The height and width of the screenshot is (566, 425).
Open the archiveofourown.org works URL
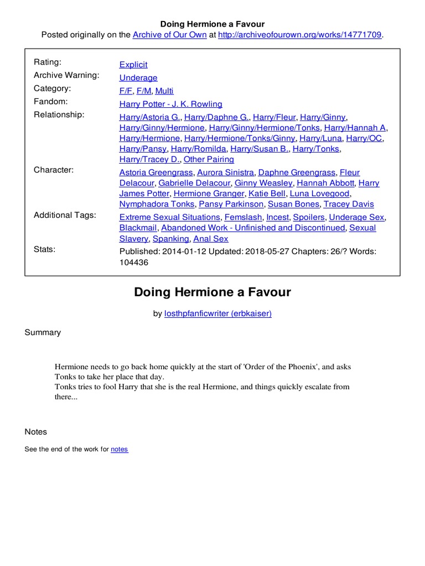[x=300, y=35]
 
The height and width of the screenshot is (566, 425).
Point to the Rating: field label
[x=48, y=62]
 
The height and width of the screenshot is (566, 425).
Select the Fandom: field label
[x=51, y=102]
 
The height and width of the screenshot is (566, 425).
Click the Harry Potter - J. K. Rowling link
[x=170, y=104]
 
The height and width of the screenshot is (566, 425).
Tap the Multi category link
[x=164, y=91]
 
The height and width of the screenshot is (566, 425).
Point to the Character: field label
[x=54, y=170]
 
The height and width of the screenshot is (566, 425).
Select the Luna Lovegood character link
[x=320, y=193]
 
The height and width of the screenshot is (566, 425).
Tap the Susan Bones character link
[x=293, y=205]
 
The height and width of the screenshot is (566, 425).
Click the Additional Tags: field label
[x=65, y=215]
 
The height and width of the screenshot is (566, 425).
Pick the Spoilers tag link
[x=309, y=217]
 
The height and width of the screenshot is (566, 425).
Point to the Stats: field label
[x=44, y=249]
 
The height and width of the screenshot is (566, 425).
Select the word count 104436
[x=133, y=263]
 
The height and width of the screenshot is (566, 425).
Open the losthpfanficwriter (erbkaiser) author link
[x=217, y=313]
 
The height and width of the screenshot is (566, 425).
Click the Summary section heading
[x=43, y=332]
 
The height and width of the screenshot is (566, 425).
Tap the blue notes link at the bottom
[x=119, y=449]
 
